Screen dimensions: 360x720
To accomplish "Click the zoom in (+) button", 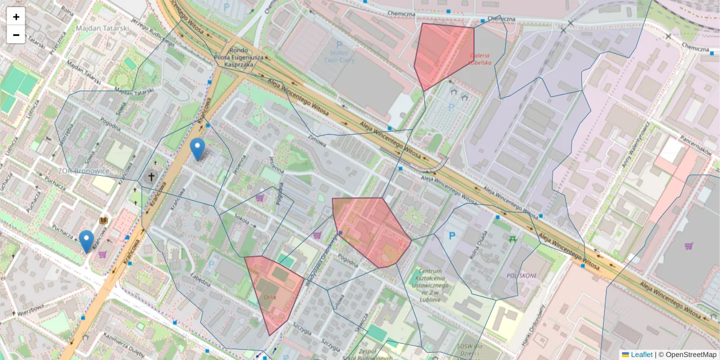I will (x=16, y=17).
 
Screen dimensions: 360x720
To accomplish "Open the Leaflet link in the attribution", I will (x=641, y=355).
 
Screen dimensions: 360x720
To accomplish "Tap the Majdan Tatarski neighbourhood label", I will (x=103, y=28).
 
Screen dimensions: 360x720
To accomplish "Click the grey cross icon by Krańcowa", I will (x=151, y=177).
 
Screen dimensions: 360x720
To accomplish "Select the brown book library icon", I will (x=104, y=221).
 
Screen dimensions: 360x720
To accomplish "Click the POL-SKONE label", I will (x=521, y=275).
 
